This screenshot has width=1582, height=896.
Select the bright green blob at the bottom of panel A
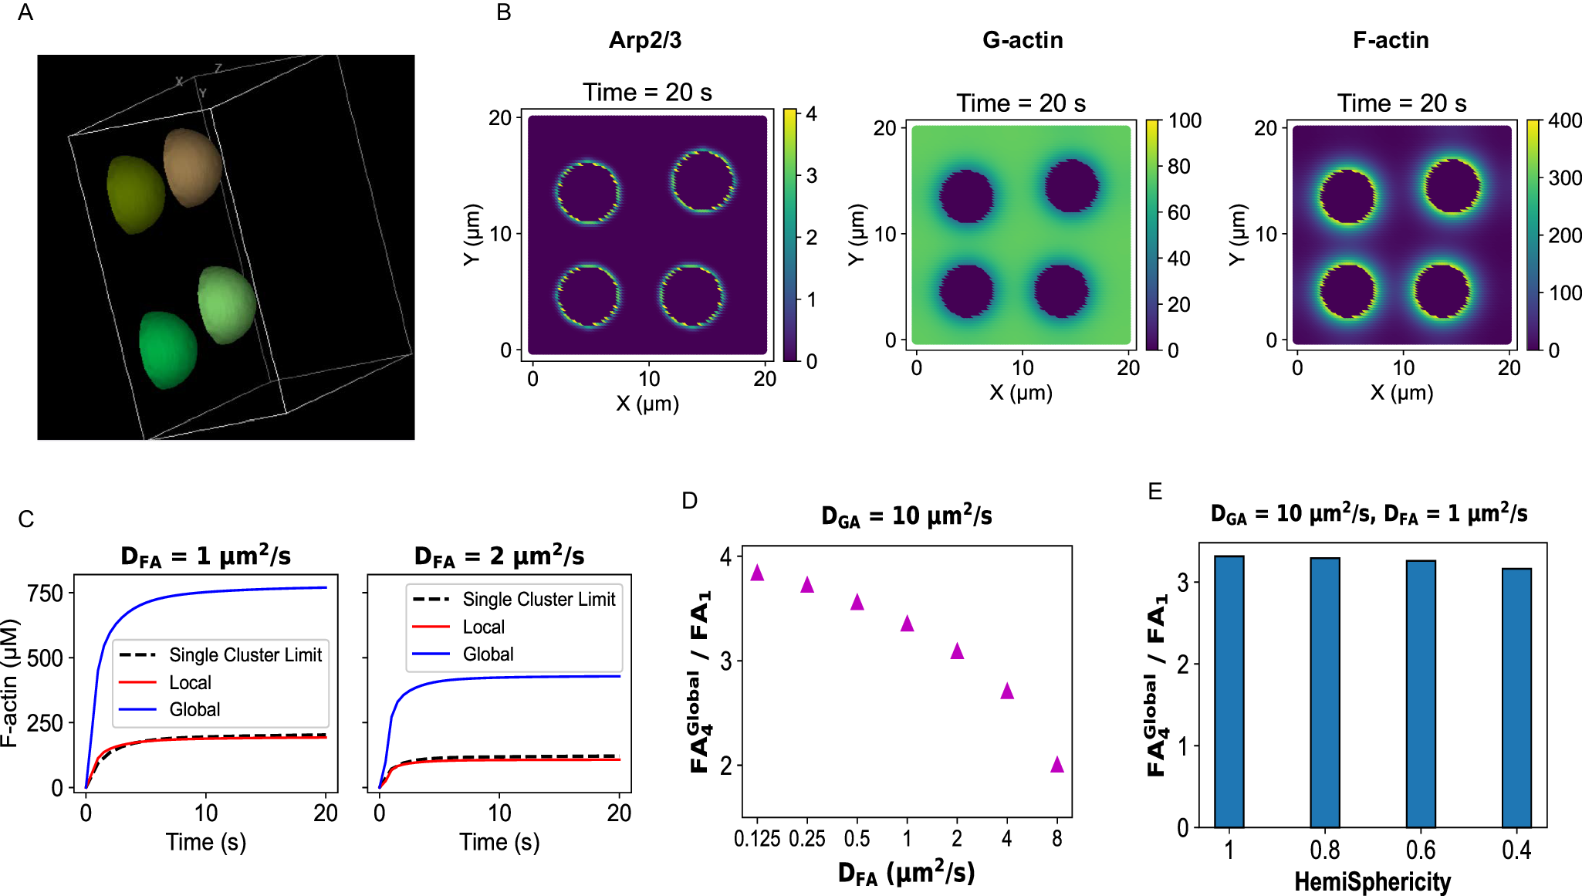(x=167, y=350)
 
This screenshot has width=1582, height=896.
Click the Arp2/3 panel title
(x=645, y=40)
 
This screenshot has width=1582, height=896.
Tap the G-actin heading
(x=1023, y=40)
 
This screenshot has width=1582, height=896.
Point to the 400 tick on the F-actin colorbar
(x=1564, y=121)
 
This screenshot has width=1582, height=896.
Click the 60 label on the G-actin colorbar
(x=1178, y=212)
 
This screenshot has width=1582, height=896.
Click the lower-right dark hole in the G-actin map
(x=1061, y=291)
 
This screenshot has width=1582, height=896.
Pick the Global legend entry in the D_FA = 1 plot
(x=194, y=709)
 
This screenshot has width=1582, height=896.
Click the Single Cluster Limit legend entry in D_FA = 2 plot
(x=539, y=600)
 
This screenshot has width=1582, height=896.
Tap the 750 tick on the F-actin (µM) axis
(x=45, y=593)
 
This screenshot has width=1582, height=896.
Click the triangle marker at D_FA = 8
(x=1057, y=765)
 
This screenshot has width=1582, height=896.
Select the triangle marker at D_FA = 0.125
(x=757, y=573)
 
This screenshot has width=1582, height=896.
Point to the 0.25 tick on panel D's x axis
(x=807, y=839)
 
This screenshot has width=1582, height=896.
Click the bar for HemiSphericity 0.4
(x=1516, y=698)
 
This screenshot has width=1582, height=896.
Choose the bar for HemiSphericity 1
(x=1229, y=691)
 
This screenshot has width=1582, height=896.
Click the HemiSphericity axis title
(x=1372, y=881)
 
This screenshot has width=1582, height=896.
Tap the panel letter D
(x=689, y=501)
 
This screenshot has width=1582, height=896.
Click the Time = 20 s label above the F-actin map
(x=1401, y=103)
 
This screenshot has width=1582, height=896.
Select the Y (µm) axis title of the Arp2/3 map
(x=472, y=235)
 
